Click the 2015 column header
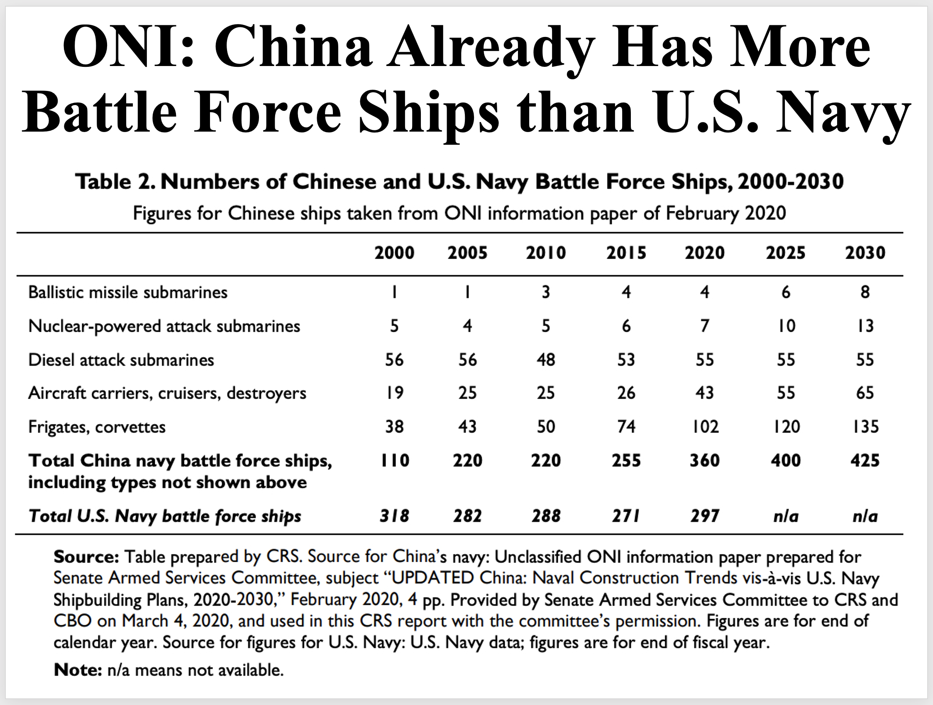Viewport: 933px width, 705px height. pyautogui.click(x=626, y=253)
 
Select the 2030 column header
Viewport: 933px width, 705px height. pyautogui.click(x=865, y=253)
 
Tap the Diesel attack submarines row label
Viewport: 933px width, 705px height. pyautogui.click(x=121, y=360)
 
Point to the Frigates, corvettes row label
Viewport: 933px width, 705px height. pyautogui.click(x=97, y=427)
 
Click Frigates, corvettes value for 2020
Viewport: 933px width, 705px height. pyautogui.click(x=704, y=427)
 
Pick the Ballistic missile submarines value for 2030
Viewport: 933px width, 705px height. pyautogui.click(x=865, y=292)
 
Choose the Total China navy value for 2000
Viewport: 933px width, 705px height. pyautogui.click(x=394, y=460)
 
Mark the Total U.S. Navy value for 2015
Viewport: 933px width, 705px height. pyautogui.click(x=626, y=516)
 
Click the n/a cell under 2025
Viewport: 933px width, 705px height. pyautogui.click(x=786, y=516)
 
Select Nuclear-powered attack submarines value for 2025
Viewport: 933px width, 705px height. pyautogui.click(x=786, y=326)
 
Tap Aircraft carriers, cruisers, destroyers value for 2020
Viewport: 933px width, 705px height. pyautogui.click(x=704, y=393)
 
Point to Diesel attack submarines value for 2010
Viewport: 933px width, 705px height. pyautogui.click(x=546, y=360)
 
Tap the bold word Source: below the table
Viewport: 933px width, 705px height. pyautogui.click(x=86, y=557)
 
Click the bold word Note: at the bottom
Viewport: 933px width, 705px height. pyautogui.click(x=78, y=670)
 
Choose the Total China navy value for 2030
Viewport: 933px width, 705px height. pyautogui.click(x=865, y=460)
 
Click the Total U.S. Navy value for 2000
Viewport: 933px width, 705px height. pyautogui.click(x=394, y=516)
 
